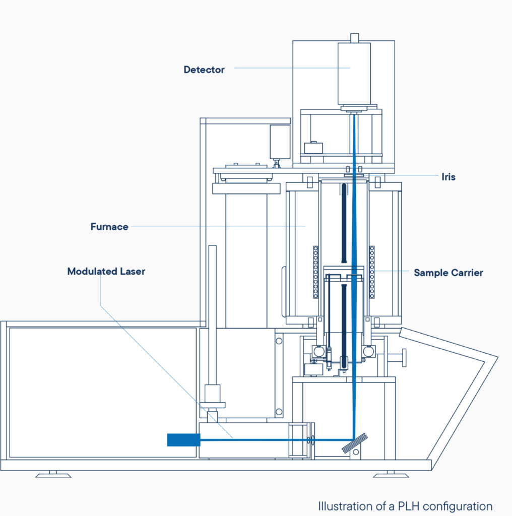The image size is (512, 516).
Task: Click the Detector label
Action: click(x=204, y=70)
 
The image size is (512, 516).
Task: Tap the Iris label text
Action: click(x=449, y=177)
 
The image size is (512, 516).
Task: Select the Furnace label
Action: click(x=109, y=227)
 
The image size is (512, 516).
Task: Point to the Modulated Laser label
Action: click(x=106, y=272)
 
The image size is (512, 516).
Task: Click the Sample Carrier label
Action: click(x=449, y=273)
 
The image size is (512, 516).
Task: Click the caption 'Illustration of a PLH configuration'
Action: click(x=405, y=506)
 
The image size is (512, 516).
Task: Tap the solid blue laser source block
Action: click(x=183, y=440)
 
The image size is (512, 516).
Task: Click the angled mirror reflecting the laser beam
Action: click(x=355, y=443)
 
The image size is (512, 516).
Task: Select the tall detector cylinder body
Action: click(x=354, y=74)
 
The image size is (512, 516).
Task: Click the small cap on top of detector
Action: click(x=354, y=38)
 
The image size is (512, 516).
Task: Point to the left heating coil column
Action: click(x=315, y=272)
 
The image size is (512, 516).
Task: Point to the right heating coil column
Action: click(x=372, y=272)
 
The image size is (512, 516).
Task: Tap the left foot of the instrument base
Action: click(x=53, y=474)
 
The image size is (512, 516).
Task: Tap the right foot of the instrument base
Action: click(x=391, y=474)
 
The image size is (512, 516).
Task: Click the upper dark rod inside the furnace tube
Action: click(x=344, y=223)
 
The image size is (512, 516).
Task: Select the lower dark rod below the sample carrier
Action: click(x=344, y=326)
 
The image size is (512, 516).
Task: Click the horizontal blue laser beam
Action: click(x=277, y=439)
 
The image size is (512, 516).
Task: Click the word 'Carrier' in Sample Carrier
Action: click(x=467, y=273)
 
